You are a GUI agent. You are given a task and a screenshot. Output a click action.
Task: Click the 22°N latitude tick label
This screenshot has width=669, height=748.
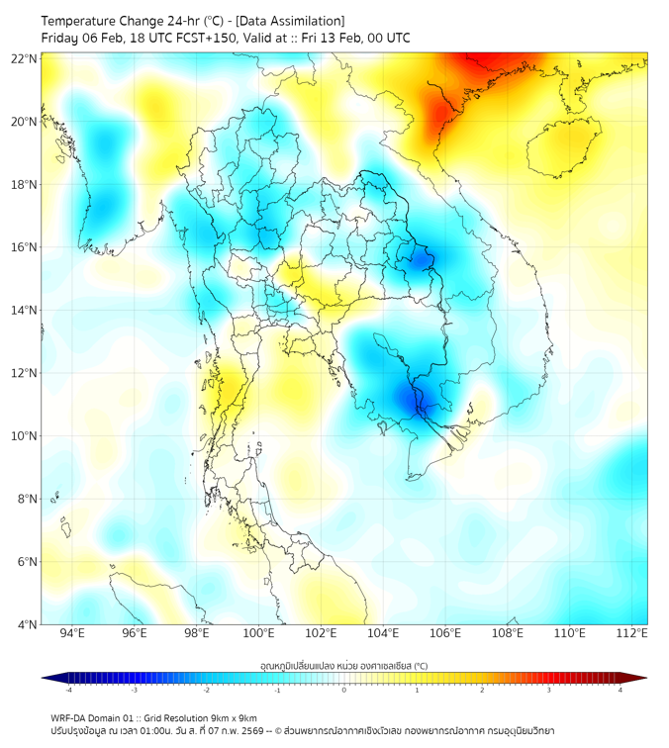click(x=25, y=58)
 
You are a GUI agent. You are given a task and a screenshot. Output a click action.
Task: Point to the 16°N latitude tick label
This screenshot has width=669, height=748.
click(x=25, y=247)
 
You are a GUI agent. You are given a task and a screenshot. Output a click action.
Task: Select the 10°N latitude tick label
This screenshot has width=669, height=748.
click(x=25, y=436)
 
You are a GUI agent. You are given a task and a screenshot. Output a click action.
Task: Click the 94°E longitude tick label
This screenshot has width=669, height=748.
click(x=71, y=634)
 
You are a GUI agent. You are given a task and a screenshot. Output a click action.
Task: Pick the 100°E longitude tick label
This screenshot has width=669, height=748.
click(x=258, y=634)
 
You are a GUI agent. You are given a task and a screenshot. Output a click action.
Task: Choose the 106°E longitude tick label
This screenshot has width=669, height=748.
click(x=445, y=634)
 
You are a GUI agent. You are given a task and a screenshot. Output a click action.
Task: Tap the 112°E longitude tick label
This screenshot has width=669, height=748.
click(x=632, y=634)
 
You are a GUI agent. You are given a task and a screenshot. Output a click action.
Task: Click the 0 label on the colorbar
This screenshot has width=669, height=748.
click(x=343, y=690)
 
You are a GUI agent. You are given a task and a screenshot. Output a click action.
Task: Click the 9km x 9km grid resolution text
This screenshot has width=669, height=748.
click(x=228, y=717)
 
